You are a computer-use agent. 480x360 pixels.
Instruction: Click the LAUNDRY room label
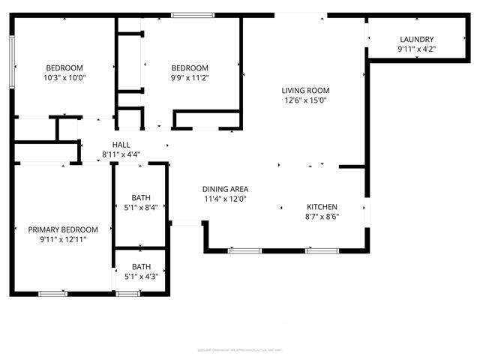pos(416,40)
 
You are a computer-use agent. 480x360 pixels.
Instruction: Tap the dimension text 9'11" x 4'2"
pos(416,49)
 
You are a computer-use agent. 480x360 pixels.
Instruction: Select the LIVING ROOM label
pos(306,91)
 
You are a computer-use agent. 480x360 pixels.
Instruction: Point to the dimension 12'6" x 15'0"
pos(306,100)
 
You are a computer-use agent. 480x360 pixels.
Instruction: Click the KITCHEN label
pos(322,207)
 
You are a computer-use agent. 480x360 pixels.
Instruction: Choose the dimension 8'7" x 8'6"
pos(322,217)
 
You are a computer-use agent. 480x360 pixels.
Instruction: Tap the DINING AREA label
pos(225,189)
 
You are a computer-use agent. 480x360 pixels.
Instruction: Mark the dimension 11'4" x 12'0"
pos(225,199)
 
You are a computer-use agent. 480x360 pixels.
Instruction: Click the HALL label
pos(121,145)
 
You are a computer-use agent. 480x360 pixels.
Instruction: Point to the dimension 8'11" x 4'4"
pos(121,154)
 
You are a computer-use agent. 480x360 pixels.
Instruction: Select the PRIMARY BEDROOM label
pos(63,229)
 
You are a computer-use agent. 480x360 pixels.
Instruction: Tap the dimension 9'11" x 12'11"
pos(63,239)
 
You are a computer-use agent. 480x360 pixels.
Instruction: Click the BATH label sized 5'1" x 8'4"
pos(141,198)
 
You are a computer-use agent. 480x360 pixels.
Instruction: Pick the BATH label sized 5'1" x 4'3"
pos(141,266)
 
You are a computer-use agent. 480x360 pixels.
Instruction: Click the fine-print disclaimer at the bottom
pos(240,349)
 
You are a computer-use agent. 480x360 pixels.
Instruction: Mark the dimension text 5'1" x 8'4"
pos(141,208)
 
